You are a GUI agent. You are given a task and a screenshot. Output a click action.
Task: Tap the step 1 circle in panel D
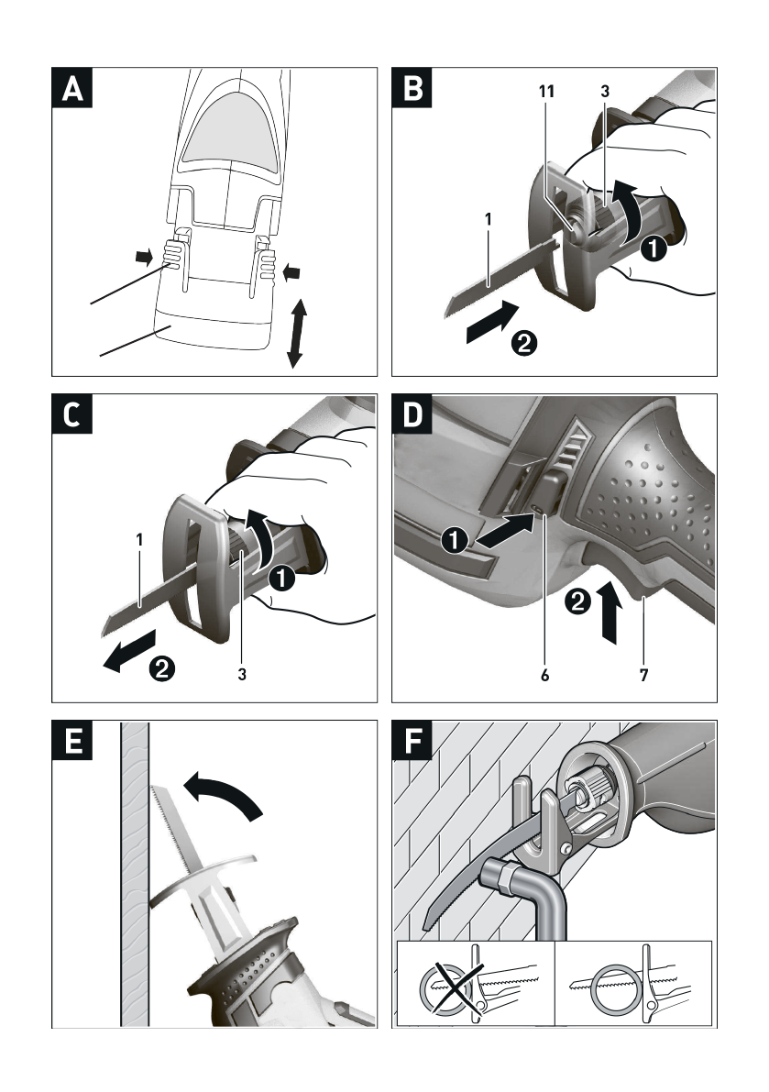point(454,541)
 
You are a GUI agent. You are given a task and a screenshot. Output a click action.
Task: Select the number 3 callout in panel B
point(605,92)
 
